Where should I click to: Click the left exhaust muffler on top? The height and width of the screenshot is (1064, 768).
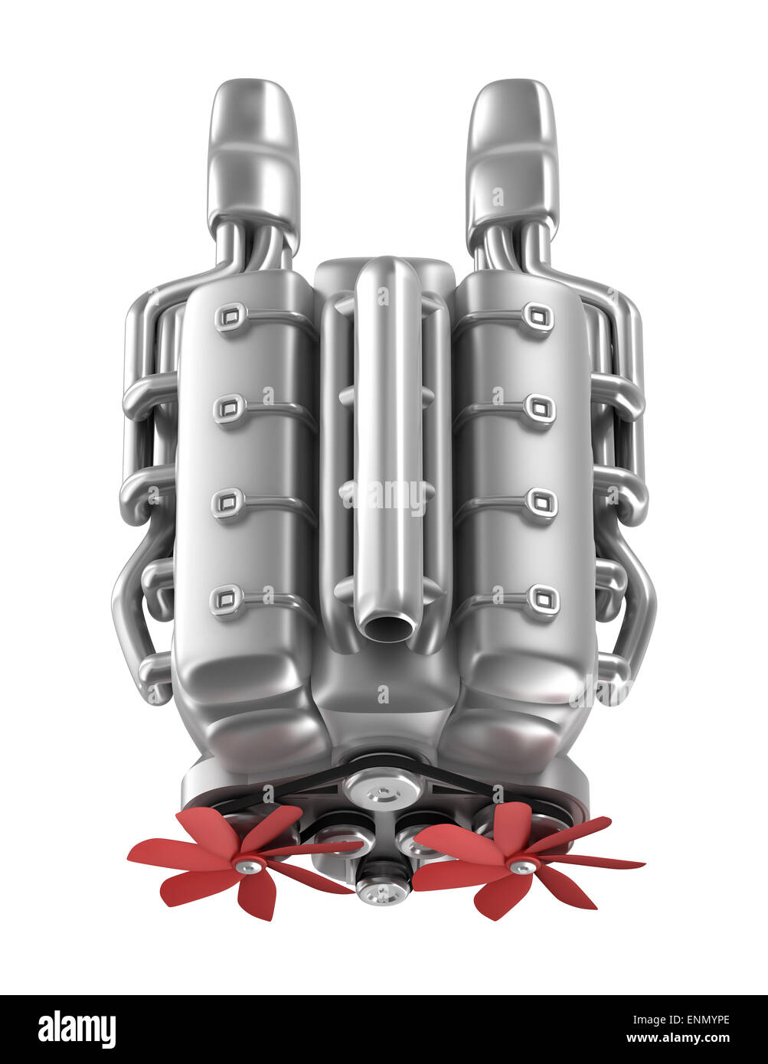[253, 153]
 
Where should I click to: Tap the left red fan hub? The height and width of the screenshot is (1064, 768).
[249, 866]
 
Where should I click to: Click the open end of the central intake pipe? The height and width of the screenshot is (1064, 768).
[387, 628]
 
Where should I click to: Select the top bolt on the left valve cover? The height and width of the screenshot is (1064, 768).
[230, 316]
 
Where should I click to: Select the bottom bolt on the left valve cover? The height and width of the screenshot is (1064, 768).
[227, 599]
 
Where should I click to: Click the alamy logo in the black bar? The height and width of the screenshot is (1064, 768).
[77, 1030]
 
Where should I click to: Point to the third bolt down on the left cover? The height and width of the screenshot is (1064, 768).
[227, 503]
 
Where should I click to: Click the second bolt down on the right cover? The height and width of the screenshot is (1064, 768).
[540, 409]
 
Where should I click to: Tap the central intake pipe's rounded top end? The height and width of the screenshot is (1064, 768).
[388, 276]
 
